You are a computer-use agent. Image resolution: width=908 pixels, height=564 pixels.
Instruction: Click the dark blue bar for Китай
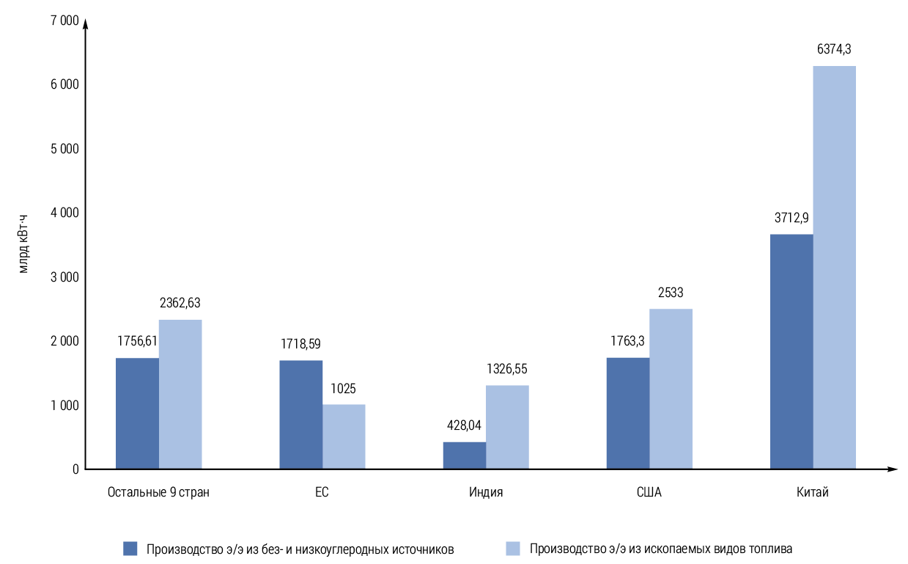(791, 351)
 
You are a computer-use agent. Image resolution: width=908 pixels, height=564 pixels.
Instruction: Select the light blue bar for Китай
(834, 267)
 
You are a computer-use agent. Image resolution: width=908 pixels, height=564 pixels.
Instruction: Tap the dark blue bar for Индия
(464, 455)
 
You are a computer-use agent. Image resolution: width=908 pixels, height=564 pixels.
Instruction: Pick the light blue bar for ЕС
(344, 436)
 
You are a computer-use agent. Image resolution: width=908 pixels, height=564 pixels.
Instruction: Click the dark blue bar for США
(628, 413)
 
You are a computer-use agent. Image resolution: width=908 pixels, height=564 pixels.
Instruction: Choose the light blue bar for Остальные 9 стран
(180, 394)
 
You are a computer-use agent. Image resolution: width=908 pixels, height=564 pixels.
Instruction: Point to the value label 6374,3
(834, 50)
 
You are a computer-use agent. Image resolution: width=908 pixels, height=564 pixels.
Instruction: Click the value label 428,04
(465, 425)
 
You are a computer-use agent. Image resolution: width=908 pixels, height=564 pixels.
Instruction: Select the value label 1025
(343, 389)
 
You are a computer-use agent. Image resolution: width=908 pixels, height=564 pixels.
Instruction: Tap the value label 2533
(671, 293)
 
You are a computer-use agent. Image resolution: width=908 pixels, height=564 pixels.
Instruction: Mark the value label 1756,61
(138, 342)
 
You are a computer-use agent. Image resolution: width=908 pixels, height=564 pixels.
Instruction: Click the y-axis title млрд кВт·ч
(25, 244)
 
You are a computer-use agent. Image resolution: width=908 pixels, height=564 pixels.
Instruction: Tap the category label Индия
(486, 492)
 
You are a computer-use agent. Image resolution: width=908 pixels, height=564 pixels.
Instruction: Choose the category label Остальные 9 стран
(158, 492)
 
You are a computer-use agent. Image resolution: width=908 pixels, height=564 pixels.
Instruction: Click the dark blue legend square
(130, 549)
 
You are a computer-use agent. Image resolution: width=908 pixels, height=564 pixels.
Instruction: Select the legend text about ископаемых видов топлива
(661, 549)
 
